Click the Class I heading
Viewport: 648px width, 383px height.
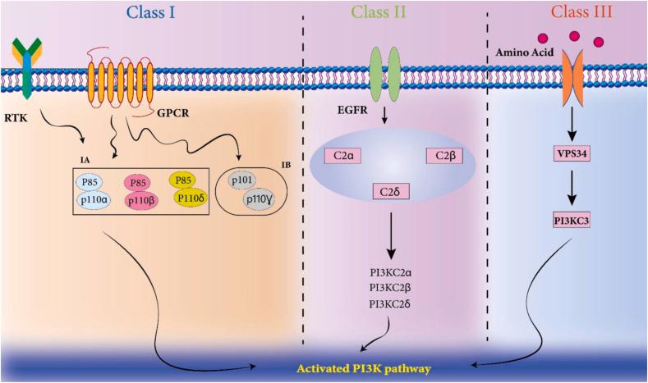click(151, 12)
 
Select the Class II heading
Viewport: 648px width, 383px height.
click(378, 12)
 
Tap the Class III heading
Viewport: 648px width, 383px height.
click(581, 12)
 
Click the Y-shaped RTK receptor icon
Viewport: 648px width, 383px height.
click(27, 68)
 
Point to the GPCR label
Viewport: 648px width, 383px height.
click(172, 112)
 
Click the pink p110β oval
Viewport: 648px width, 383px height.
click(141, 201)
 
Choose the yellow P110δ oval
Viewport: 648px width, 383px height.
click(190, 198)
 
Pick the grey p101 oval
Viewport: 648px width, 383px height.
click(241, 180)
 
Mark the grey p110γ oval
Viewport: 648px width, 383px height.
click(259, 199)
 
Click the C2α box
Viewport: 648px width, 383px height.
click(343, 156)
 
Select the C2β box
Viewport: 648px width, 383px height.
click(444, 156)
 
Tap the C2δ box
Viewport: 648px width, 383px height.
click(391, 192)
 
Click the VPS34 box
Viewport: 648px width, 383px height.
click(572, 154)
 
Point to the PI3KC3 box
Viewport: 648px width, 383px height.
click(572, 221)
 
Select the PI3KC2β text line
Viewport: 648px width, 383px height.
click(390, 288)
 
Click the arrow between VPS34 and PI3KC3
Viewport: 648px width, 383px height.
click(572, 187)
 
